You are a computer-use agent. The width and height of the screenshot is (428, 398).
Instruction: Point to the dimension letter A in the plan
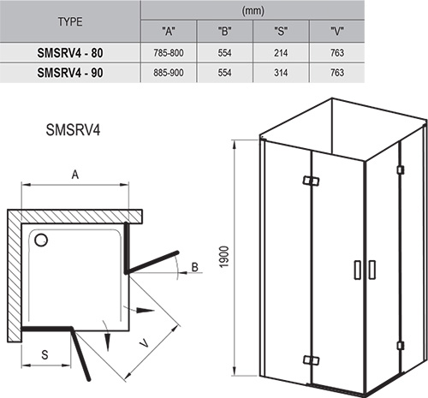[75, 175]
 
